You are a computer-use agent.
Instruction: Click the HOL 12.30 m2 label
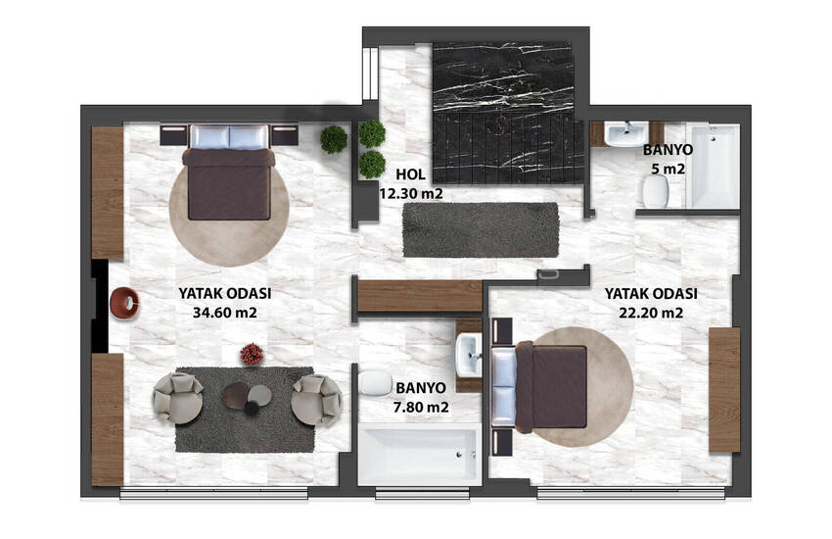click(411, 184)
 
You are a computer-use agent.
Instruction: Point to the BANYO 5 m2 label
click(669, 160)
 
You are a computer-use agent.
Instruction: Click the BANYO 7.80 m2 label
click(421, 396)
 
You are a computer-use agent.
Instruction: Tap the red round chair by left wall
click(125, 304)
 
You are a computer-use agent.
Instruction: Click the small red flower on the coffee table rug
click(252, 354)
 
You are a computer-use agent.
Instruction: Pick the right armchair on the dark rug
click(317, 398)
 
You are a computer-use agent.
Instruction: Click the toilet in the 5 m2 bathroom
click(655, 196)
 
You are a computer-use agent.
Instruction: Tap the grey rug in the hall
click(480, 229)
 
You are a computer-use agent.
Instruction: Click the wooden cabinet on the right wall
click(724, 389)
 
